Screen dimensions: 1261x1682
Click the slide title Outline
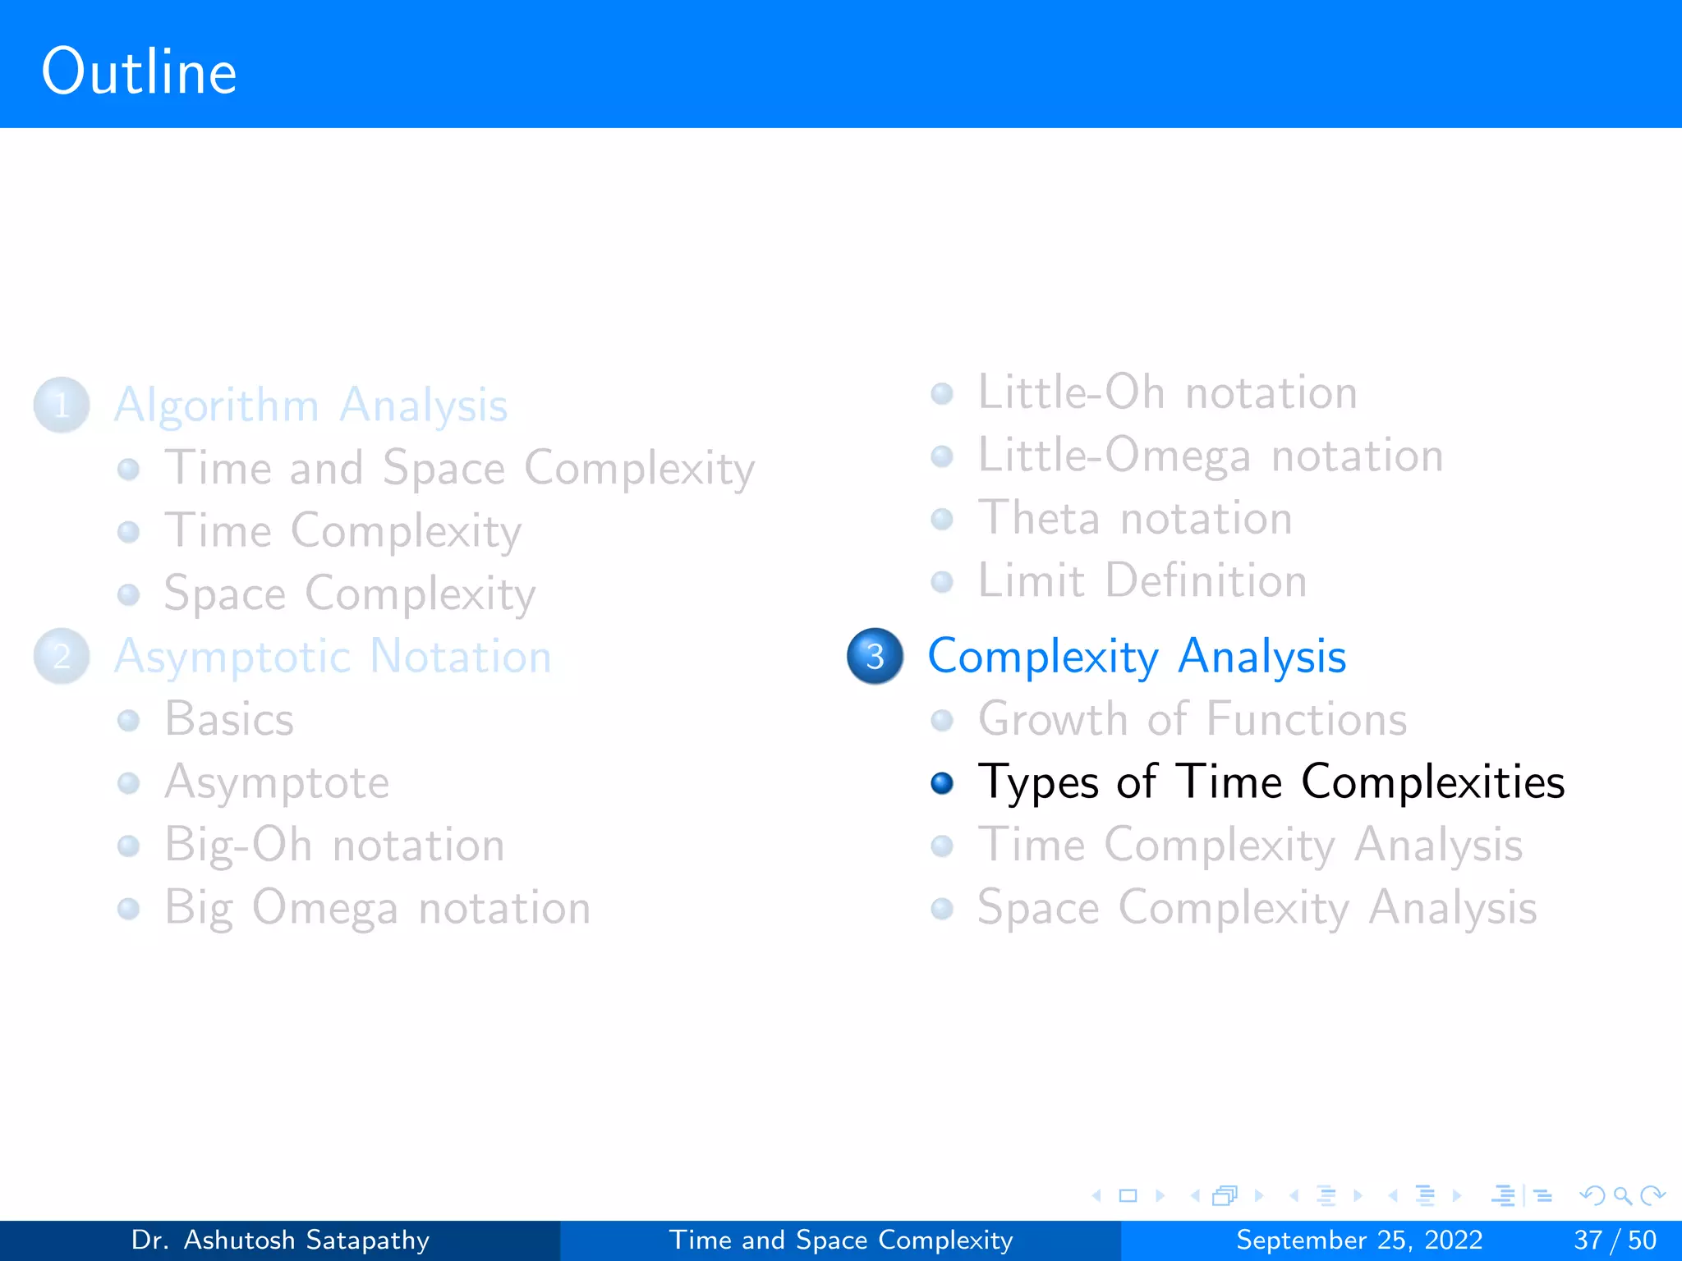(x=139, y=72)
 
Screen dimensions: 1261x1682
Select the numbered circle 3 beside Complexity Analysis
(x=875, y=656)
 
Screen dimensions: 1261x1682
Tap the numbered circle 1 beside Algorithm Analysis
(x=62, y=405)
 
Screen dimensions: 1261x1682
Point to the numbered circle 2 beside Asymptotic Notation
(x=62, y=656)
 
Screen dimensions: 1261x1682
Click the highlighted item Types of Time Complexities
(x=1271, y=782)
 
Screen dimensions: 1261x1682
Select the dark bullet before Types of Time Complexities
(x=942, y=783)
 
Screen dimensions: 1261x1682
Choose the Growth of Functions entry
(x=1192, y=719)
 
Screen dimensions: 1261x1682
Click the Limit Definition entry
(x=1142, y=580)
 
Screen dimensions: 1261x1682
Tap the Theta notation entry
(x=1134, y=518)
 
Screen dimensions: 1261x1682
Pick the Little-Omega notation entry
(x=1210, y=456)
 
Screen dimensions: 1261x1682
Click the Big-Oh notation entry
(x=334, y=845)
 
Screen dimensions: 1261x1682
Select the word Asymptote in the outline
(x=277, y=782)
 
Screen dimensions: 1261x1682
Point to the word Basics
(x=229, y=719)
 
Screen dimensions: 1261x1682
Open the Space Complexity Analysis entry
(x=1257, y=908)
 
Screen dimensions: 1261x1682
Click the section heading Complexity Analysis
(x=1137, y=657)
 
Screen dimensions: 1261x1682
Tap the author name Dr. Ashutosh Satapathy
(x=280, y=1240)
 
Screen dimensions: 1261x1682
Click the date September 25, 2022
(x=1359, y=1240)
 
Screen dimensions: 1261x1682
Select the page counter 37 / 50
(x=1615, y=1240)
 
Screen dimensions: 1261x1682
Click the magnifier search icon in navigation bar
(x=1622, y=1195)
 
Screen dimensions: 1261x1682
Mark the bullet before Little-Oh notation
(x=942, y=394)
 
